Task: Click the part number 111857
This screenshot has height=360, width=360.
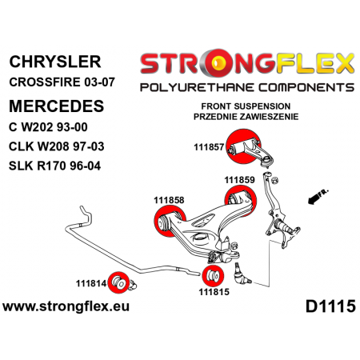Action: [209, 147]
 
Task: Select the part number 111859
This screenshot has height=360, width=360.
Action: [239, 180]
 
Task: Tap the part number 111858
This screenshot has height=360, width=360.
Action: [169, 200]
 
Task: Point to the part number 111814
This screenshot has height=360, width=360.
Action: [91, 283]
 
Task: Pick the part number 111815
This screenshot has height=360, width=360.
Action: [214, 292]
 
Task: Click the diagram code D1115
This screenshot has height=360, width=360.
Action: [330, 306]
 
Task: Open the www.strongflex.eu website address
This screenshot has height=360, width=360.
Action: [66, 306]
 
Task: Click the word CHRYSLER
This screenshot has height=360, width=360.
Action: [55, 62]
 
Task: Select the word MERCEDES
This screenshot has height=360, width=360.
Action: [57, 106]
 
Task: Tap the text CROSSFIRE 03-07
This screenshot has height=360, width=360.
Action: [62, 82]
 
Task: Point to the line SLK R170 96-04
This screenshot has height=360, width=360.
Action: [55, 166]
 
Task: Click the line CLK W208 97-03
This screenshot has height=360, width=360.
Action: [57, 146]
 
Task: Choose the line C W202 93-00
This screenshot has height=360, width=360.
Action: [48, 127]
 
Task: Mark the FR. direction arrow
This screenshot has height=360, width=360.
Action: [318, 197]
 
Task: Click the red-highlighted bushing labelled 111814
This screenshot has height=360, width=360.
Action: [118, 282]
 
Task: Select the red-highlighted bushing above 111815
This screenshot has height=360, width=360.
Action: [213, 276]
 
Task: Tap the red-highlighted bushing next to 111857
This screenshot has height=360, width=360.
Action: [242, 146]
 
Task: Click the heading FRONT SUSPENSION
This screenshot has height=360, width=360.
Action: [246, 106]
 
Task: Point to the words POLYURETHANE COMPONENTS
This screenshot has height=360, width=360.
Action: [247, 87]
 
